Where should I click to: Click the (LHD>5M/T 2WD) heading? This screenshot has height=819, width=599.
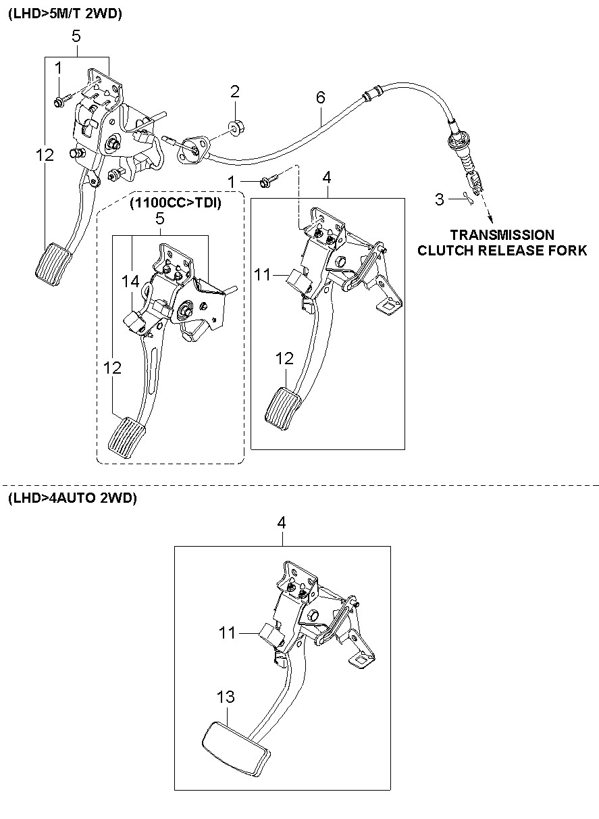65,14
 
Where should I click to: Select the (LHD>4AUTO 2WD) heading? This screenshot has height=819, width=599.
72,498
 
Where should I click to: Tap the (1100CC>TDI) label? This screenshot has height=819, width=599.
176,203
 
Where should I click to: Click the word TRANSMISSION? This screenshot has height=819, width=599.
502,234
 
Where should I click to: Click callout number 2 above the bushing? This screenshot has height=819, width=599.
234,91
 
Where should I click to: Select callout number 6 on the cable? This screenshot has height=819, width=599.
320,97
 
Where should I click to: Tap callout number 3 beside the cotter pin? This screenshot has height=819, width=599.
440,199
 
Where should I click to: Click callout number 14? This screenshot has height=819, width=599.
130,282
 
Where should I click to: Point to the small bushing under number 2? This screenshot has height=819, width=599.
237,128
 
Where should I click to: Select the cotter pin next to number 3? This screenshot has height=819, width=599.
467,199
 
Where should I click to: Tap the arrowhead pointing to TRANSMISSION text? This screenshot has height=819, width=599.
490,220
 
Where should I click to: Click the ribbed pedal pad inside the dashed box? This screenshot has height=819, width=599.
126,438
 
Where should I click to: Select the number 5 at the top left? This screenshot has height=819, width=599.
76,36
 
